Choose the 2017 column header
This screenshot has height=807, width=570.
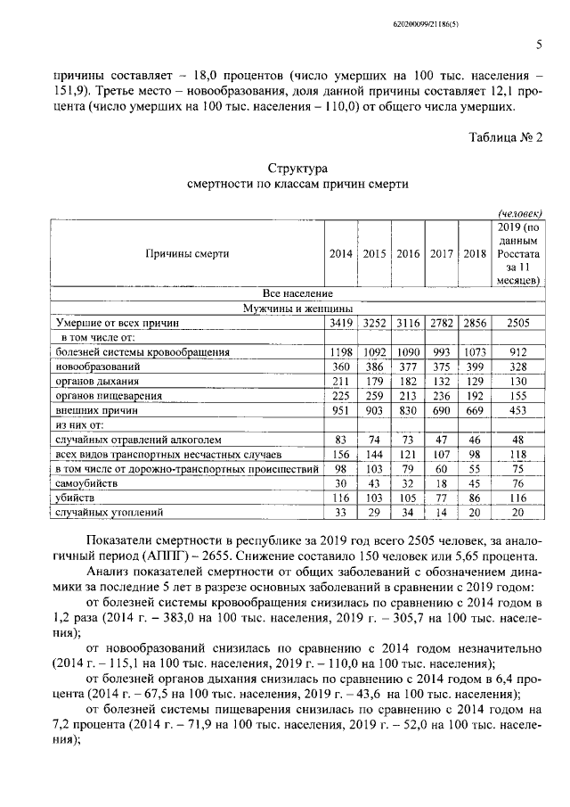pyautogui.click(x=442, y=253)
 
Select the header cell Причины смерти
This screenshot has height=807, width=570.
pyautogui.click(x=187, y=253)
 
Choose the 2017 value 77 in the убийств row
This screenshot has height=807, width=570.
pyautogui.click(x=442, y=498)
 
